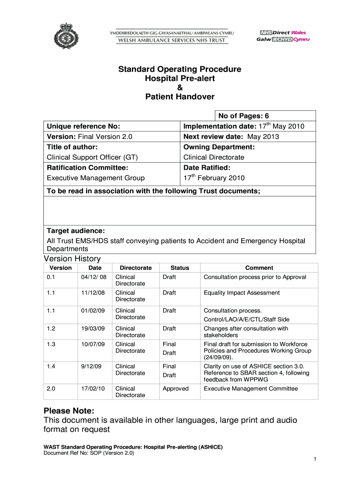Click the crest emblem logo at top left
[x=64, y=36]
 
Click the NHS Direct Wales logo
[x=282, y=36]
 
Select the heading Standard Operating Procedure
[x=180, y=69]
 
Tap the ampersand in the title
[x=180, y=88]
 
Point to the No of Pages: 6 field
[x=243, y=116]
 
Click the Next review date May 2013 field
[x=231, y=137]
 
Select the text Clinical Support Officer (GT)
[x=92, y=157]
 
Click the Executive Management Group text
[x=96, y=178]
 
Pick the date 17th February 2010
[x=214, y=178]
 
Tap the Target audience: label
[x=76, y=231]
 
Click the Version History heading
[x=72, y=259]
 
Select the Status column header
[x=180, y=268]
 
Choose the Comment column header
[x=259, y=268]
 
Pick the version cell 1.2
[x=51, y=328]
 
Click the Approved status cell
[x=175, y=388]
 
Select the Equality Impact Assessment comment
[x=242, y=293]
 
